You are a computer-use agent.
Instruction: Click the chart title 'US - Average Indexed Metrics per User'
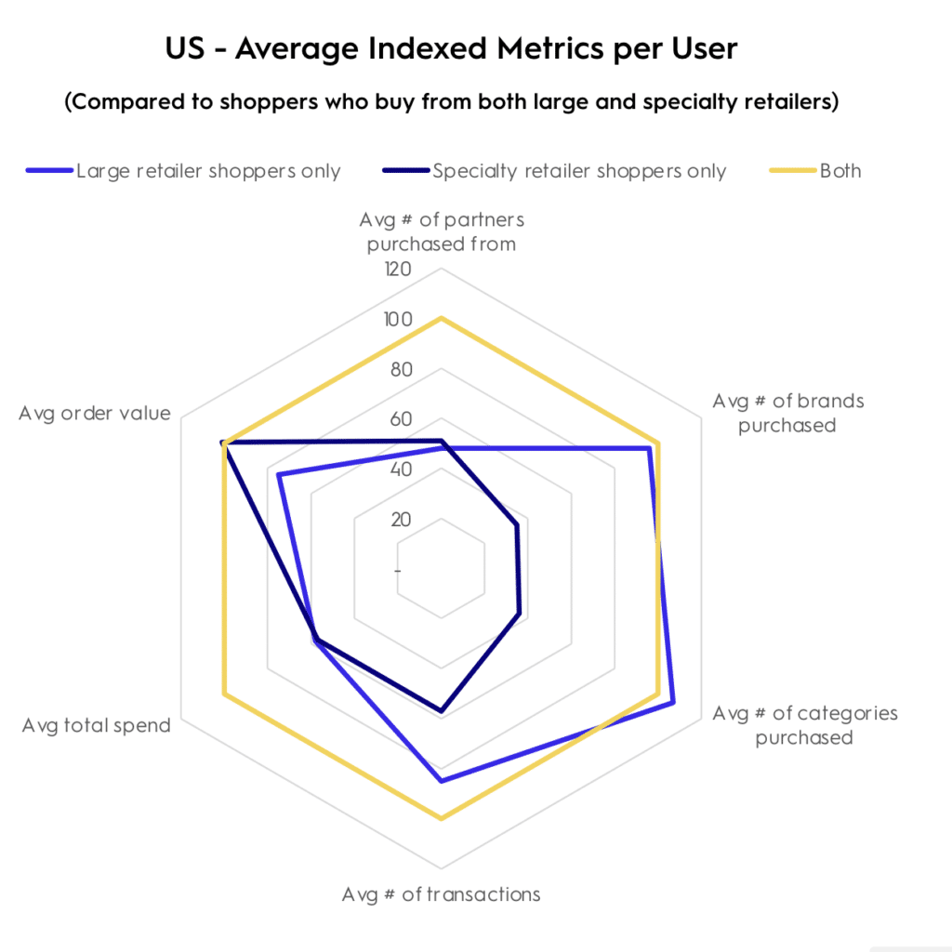pyautogui.click(x=451, y=48)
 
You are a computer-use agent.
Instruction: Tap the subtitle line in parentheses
pyautogui.click(x=451, y=102)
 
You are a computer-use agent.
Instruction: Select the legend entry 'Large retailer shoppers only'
pyautogui.click(x=208, y=171)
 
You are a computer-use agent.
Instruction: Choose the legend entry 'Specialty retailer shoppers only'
pyautogui.click(x=578, y=171)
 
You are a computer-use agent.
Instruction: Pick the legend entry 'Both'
pyautogui.click(x=840, y=171)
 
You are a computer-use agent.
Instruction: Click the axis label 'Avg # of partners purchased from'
pyautogui.click(x=442, y=232)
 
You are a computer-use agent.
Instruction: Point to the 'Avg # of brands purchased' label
pyautogui.click(x=787, y=413)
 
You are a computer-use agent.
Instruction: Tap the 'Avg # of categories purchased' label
pyautogui.click(x=804, y=725)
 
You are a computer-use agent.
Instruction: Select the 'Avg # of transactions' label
pyautogui.click(x=441, y=894)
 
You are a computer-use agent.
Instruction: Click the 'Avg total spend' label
pyautogui.click(x=97, y=725)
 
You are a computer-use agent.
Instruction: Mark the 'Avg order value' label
pyautogui.click(x=95, y=413)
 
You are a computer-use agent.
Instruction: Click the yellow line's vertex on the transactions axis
pyautogui.click(x=441, y=819)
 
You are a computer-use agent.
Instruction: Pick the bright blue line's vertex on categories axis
pyautogui.click(x=672, y=703)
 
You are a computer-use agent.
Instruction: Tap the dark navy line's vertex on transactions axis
pyautogui.click(x=441, y=712)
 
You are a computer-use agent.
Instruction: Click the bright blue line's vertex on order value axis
pyautogui.click(x=279, y=476)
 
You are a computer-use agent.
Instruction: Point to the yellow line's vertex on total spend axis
pyautogui.click(x=224, y=694)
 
